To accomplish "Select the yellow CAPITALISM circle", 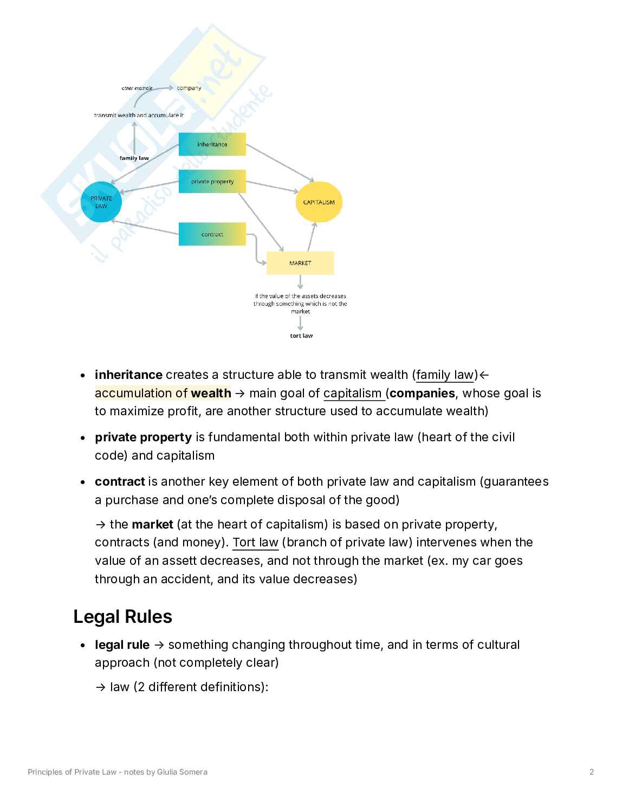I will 319,202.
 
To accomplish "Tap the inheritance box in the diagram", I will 212,145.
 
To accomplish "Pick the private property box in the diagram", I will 212,182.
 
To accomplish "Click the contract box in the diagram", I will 212,234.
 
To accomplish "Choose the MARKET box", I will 300,263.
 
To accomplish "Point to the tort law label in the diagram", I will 301,336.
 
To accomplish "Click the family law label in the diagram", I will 134,158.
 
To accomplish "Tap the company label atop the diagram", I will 189,88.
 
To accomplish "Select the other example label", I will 137,88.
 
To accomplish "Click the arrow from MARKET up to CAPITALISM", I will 310,237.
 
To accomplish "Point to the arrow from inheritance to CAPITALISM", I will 280,163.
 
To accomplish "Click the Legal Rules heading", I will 122,617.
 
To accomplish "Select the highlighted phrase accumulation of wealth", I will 163,393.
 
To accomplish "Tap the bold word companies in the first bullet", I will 422,393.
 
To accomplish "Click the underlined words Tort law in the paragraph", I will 255,543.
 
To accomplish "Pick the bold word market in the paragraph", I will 152,524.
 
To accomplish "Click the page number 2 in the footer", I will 592,772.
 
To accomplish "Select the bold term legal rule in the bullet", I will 122,645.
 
